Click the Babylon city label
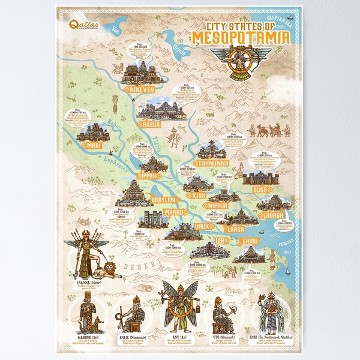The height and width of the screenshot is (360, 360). pyautogui.click(x=162, y=200)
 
